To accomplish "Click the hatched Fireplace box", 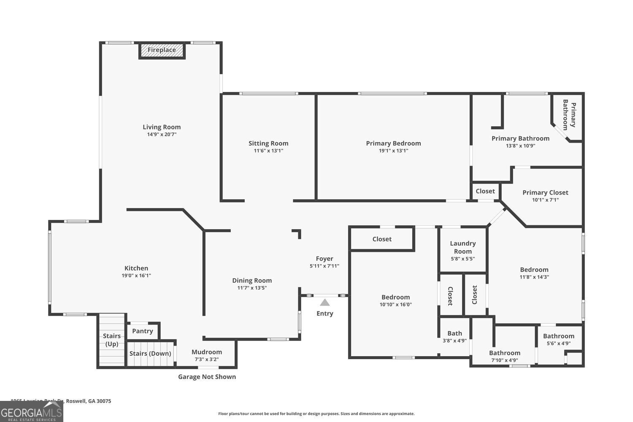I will [162, 50].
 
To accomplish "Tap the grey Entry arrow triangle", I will [325, 303].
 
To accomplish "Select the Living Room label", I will [162, 127].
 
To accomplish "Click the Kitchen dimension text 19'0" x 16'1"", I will [136, 276].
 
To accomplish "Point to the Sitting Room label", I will [268, 143].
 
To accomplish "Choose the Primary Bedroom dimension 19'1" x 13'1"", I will [393, 151].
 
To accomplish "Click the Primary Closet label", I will [545, 192].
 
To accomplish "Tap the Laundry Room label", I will [463, 247].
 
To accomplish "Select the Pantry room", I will [143, 331].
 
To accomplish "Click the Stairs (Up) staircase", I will [112, 340].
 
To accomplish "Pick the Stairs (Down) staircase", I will [150, 354].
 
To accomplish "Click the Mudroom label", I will [207, 352].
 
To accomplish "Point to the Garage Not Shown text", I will [207, 377].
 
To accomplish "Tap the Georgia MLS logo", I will [31, 412].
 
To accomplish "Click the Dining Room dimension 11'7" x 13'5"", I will [252, 288].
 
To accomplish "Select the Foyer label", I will [325, 259].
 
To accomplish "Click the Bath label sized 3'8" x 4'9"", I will [454, 333].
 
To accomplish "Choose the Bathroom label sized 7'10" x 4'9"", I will [504, 353].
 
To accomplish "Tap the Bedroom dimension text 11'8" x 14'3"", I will [534, 277].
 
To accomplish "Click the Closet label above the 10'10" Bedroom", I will [382, 239].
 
